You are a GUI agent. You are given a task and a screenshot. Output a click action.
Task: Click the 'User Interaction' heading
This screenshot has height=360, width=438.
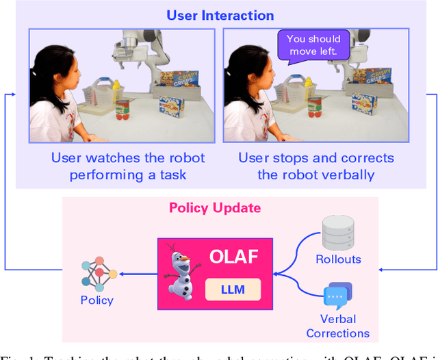pyautogui.click(x=221, y=15)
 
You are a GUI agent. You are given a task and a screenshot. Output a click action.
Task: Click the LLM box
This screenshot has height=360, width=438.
pyautogui.click(x=233, y=290)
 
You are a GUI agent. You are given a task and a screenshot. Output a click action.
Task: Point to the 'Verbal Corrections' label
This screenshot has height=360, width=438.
pyautogui.click(x=337, y=326)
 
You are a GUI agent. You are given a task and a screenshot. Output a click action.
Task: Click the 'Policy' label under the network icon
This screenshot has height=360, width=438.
pyautogui.click(x=96, y=300)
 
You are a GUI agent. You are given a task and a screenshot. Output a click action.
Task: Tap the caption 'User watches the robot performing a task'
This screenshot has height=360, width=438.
pyautogui.click(x=128, y=166)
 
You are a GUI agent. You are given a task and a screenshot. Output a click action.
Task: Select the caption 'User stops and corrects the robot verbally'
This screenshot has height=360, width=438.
pyautogui.click(x=316, y=166)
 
